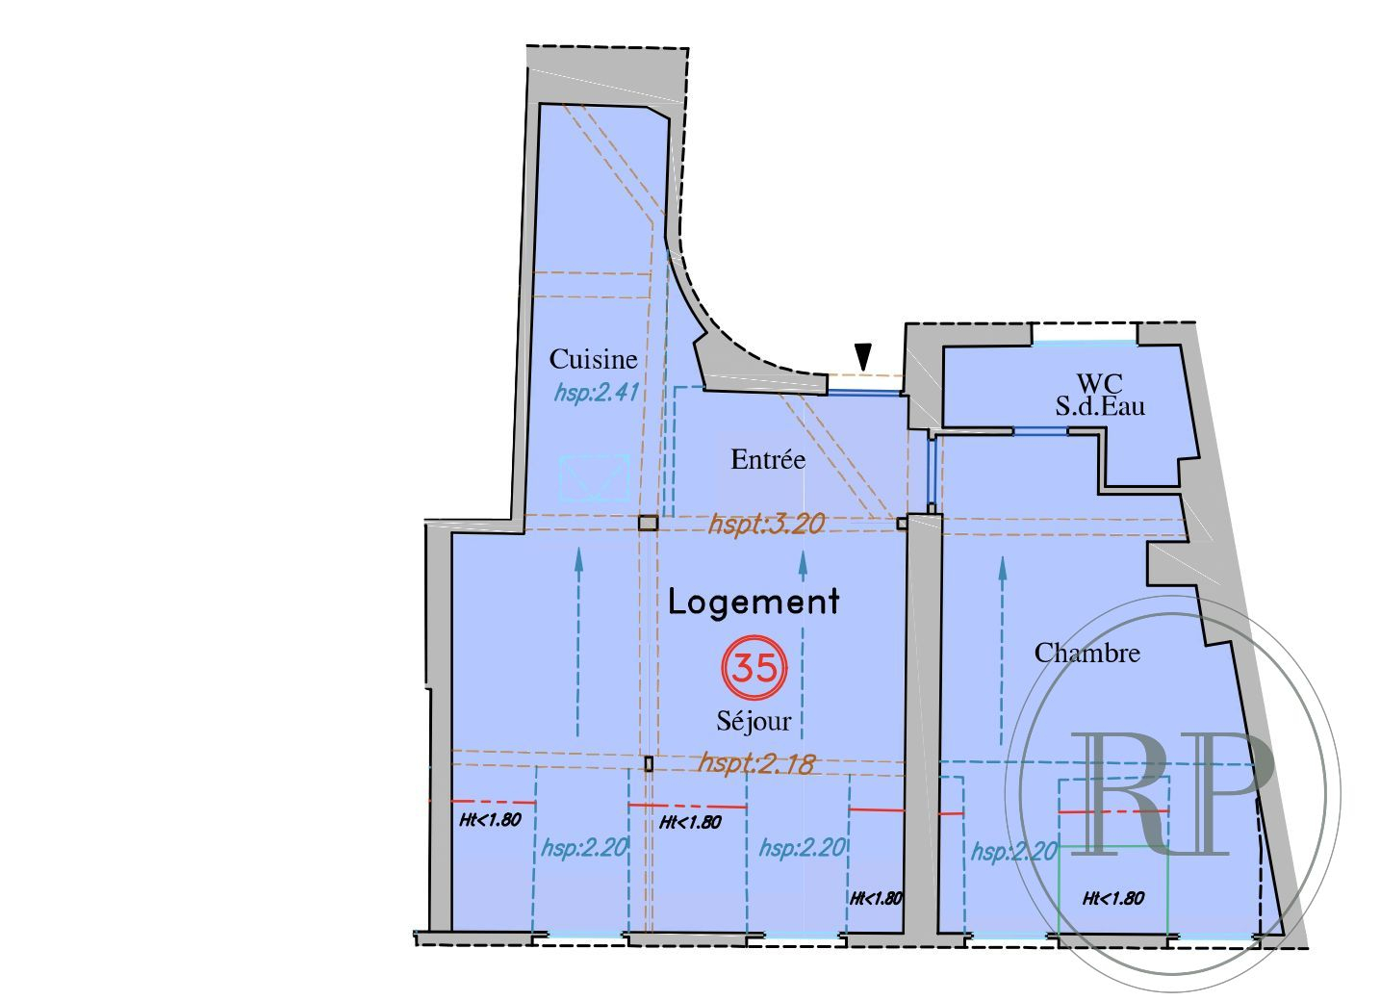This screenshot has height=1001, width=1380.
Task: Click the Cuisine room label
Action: tap(593, 359)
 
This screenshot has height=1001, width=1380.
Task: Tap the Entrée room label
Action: tap(768, 459)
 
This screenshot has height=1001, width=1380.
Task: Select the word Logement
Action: tap(754, 602)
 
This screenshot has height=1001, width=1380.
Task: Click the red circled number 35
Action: tap(754, 668)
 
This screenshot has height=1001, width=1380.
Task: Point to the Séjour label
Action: tap(754, 722)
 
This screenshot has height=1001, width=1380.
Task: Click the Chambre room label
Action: tap(1086, 653)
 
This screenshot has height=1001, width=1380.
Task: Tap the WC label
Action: tap(1099, 383)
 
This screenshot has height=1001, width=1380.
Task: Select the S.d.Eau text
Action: tap(1100, 406)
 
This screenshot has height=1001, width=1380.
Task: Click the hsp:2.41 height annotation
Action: tap(596, 392)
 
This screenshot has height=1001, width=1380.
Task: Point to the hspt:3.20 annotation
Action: tap(766, 524)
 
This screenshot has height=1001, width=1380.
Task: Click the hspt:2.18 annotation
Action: tap(755, 763)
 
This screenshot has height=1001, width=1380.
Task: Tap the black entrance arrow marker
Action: tap(864, 357)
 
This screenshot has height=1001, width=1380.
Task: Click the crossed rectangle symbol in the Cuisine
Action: tap(594, 477)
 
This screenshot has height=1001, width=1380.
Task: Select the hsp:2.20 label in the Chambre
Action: tap(1013, 852)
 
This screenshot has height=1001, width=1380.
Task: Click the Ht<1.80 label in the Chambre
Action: tap(1113, 898)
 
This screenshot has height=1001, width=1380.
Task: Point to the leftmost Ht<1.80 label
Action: tap(491, 820)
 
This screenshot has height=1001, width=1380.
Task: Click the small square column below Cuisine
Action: tap(648, 523)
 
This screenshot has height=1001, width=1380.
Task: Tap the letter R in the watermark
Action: tap(1118, 794)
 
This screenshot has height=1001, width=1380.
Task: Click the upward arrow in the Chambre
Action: tap(1003, 651)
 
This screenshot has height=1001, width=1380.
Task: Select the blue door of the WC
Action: tap(1040, 431)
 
